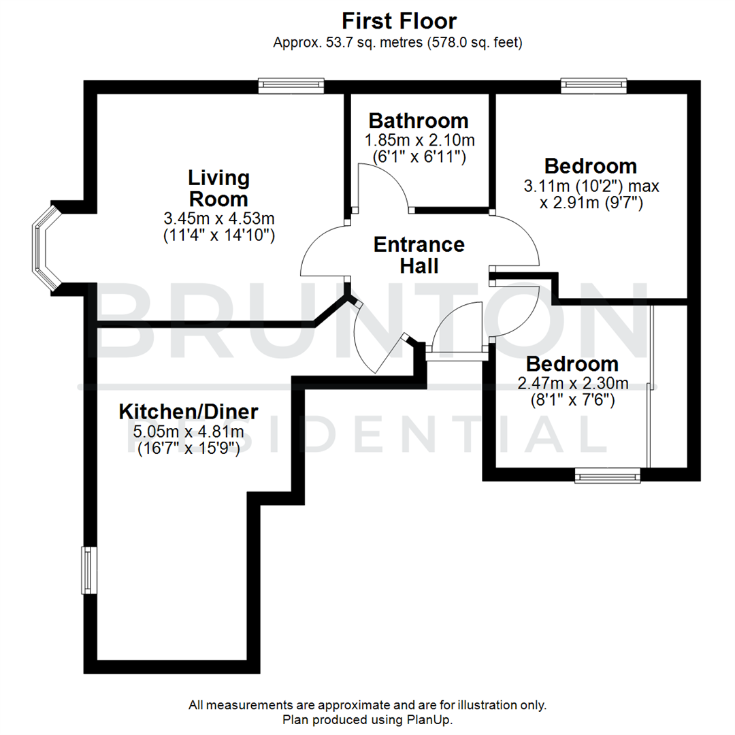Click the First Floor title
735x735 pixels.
click(399, 20)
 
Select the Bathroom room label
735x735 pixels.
click(419, 120)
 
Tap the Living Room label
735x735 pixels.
click(218, 189)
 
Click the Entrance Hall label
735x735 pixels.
click(419, 255)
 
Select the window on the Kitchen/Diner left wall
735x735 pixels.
click(88, 569)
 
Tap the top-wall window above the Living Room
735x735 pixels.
click(291, 86)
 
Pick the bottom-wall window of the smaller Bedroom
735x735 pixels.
click(608, 475)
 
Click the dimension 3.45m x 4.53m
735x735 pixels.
click(218, 218)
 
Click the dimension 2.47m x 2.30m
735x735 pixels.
click(572, 384)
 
